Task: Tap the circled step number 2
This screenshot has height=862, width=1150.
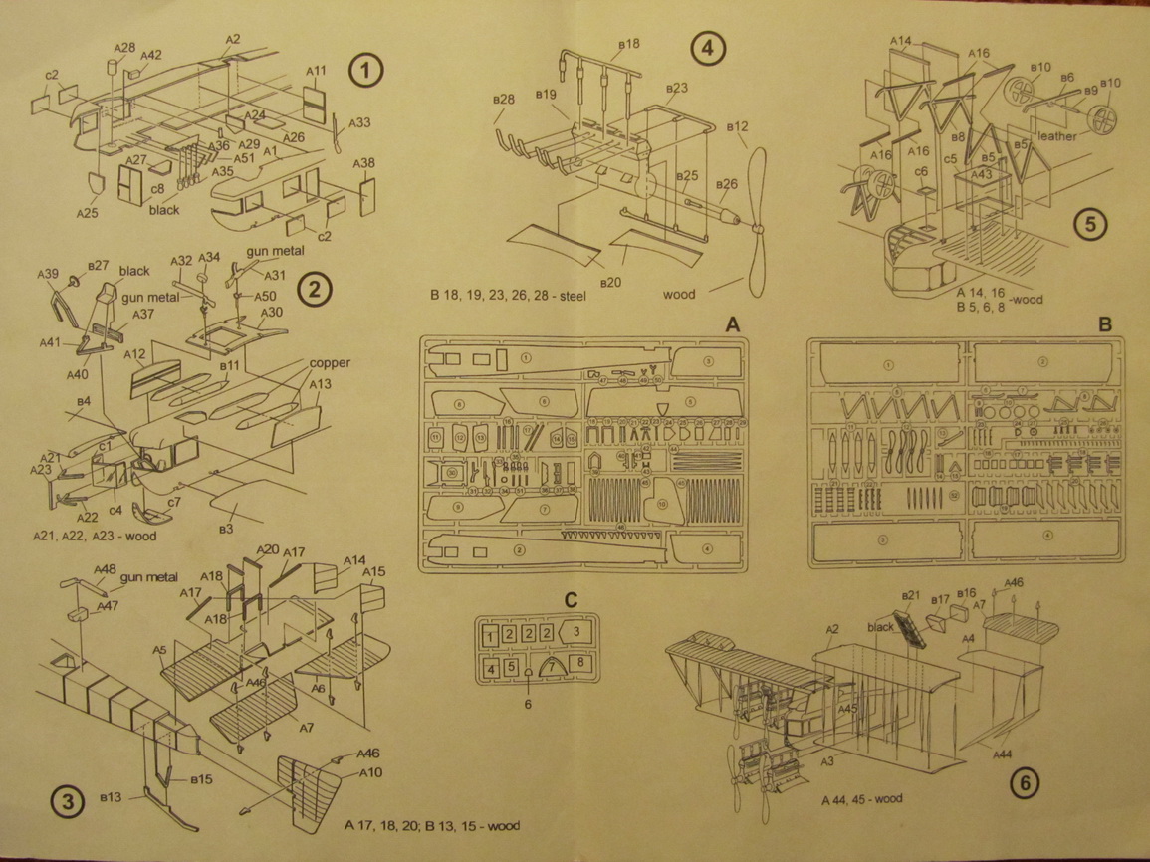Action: click(314, 290)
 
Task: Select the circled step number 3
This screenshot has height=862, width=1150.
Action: click(67, 802)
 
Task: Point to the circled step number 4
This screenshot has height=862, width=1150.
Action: click(708, 49)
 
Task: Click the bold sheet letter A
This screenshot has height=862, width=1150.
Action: click(732, 325)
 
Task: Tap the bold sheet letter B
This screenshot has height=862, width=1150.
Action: click(1104, 325)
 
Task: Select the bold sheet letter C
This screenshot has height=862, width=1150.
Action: click(571, 599)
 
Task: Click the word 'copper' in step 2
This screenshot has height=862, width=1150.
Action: click(330, 363)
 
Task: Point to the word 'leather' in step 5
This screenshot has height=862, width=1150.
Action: click(1057, 136)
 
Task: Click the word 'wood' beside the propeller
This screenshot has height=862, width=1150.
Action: click(680, 295)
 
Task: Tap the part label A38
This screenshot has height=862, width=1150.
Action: click(364, 163)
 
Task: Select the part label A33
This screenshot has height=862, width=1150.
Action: click(359, 123)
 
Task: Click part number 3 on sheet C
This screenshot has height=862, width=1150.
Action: click(580, 631)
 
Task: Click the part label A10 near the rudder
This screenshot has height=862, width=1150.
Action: click(370, 773)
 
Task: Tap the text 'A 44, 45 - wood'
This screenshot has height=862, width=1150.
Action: click(863, 800)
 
